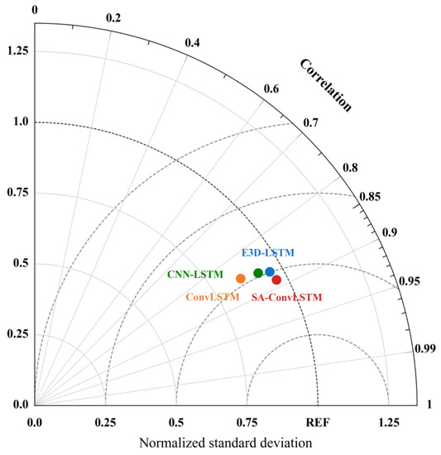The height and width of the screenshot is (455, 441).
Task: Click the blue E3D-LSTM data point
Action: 270,272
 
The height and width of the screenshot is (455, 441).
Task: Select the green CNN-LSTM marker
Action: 258,273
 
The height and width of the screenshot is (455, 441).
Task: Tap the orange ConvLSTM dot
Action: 241,279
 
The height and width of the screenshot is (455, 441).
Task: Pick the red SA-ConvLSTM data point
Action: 276,280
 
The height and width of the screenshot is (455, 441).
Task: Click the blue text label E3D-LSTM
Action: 267,252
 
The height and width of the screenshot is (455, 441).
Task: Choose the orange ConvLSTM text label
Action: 212,296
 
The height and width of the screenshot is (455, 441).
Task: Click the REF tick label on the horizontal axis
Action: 318,422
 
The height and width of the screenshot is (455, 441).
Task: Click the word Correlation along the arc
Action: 325,84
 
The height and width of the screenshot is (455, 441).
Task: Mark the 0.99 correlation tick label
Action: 424,349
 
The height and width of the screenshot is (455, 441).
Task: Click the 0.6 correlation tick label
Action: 271,89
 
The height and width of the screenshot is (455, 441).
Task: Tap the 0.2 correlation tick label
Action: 113,18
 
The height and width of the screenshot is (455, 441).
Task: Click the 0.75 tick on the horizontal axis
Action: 247,422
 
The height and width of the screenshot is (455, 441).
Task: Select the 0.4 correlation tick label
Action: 192,43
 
